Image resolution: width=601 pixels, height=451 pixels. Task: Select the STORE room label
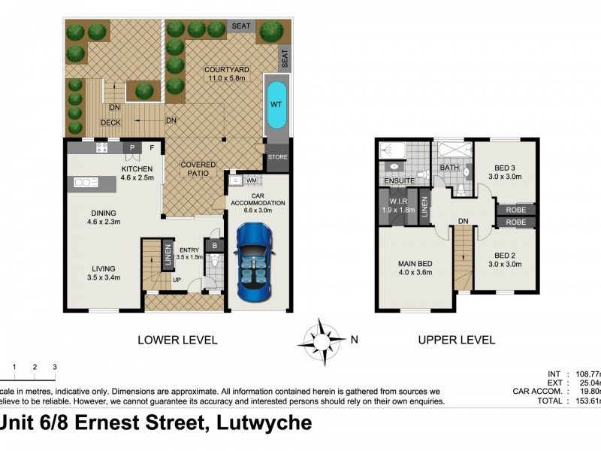click(277, 159)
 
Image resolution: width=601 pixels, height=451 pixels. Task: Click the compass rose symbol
click(322, 339)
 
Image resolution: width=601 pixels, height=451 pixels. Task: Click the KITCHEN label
click(137, 169)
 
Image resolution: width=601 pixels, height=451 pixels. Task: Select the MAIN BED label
click(415, 262)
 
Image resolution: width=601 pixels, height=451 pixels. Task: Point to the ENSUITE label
click(399, 180)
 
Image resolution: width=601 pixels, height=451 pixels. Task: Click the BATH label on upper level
click(449, 168)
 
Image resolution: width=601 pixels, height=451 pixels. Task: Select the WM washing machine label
click(252, 181)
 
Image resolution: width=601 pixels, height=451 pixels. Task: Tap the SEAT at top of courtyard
click(240, 26)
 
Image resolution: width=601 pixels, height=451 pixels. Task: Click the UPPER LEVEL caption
click(456, 340)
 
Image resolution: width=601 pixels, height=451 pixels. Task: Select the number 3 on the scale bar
click(54, 367)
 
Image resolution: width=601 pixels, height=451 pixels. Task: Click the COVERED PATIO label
click(198, 169)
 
